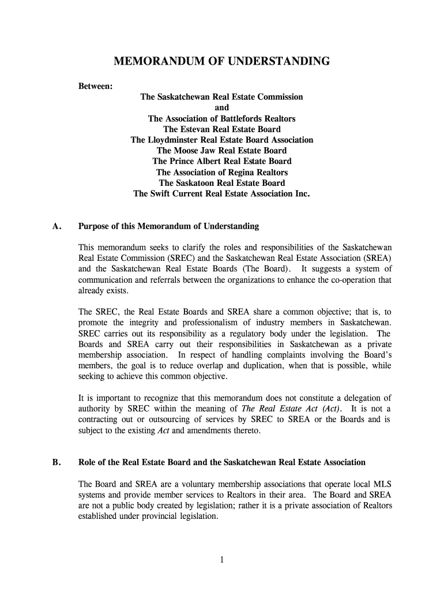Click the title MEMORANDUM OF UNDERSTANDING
[x=221, y=61]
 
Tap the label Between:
[x=96, y=86]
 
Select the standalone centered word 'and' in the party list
[x=221, y=108]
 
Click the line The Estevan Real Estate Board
[x=221, y=129]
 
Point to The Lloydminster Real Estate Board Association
[x=221, y=140]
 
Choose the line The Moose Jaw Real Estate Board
[x=221, y=151]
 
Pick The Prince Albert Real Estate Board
[x=221, y=161]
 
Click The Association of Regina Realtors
[x=221, y=172]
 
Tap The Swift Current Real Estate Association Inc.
[x=221, y=194]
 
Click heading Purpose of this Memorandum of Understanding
[x=168, y=226]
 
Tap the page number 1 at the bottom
[x=221, y=559]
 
